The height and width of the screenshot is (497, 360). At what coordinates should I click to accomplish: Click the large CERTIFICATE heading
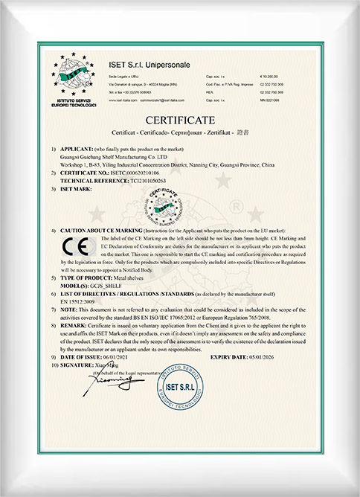180,119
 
